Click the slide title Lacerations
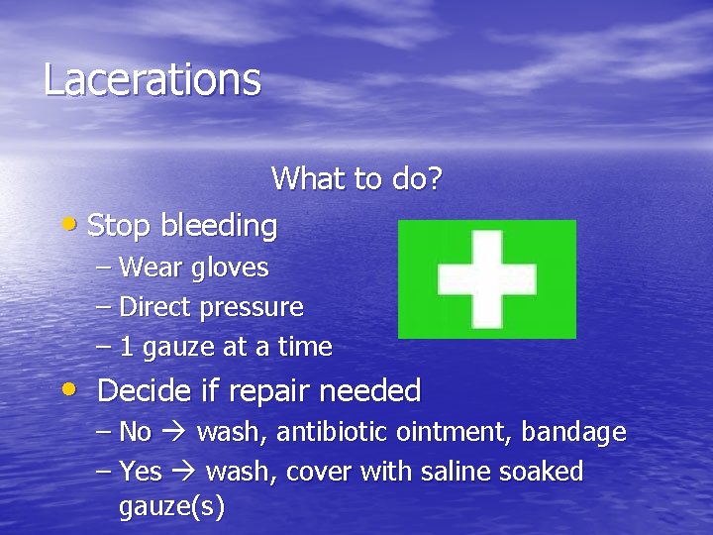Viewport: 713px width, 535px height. click(x=152, y=79)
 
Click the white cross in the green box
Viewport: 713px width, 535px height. click(x=486, y=278)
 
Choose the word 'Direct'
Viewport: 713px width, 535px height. click(x=155, y=307)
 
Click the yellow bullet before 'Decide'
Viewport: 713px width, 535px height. click(x=72, y=388)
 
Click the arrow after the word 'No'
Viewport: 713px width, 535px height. click(x=174, y=433)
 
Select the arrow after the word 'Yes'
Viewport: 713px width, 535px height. click(x=184, y=472)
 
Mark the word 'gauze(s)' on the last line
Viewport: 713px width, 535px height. click(x=171, y=507)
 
